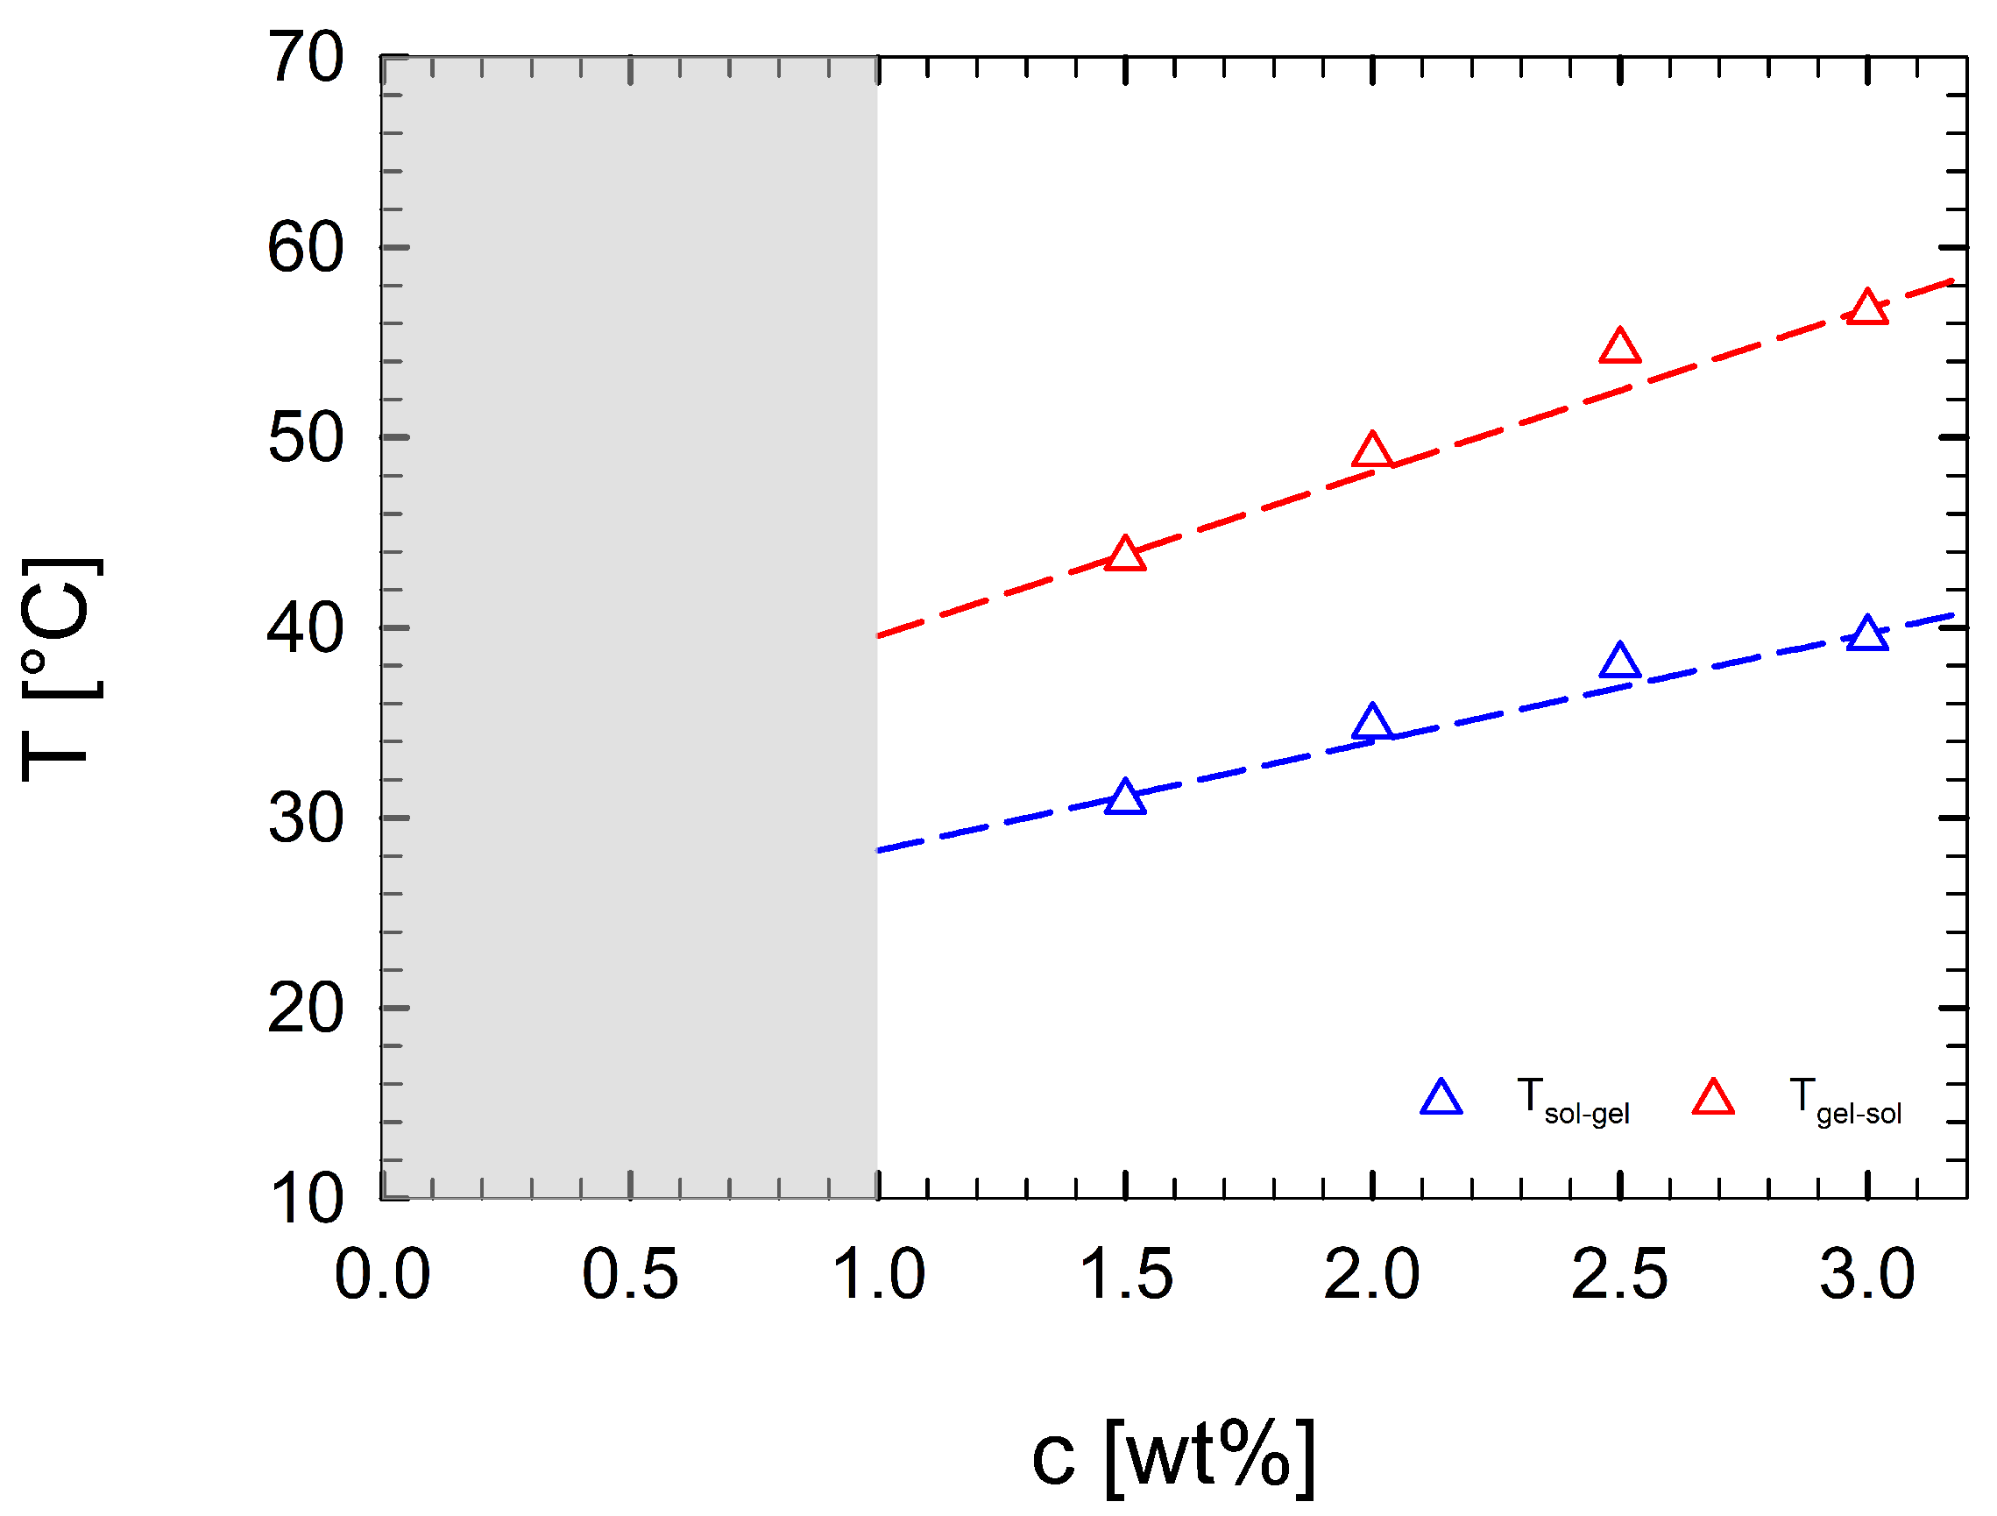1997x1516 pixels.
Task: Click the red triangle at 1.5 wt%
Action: [1125, 556]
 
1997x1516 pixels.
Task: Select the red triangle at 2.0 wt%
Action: [1372, 451]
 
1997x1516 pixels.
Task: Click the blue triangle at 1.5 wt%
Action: [1125, 799]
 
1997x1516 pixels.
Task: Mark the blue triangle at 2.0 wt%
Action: [1372, 722]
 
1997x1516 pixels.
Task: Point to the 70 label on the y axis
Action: [306, 59]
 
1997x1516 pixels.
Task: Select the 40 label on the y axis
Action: [306, 629]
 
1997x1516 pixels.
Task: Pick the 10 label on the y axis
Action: [306, 1200]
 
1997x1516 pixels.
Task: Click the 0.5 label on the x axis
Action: [629, 1275]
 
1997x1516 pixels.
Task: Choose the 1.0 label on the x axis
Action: [877, 1275]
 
